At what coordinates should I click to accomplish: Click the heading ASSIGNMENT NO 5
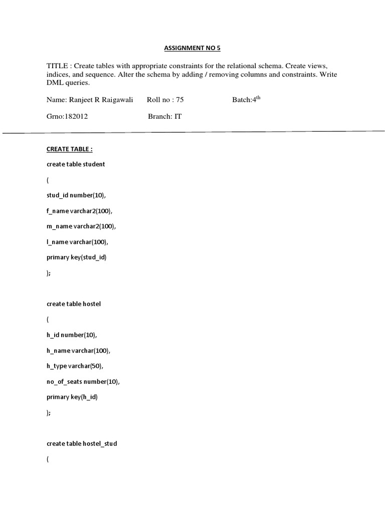[x=192, y=49]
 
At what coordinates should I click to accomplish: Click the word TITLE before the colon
[x=57, y=67]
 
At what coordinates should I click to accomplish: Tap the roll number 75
[x=179, y=100]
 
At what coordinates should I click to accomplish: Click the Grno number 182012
[x=76, y=116]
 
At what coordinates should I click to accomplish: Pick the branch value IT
[x=177, y=116]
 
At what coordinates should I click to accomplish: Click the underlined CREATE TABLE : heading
[x=70, y=149]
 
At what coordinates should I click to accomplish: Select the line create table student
[x=76, y=164]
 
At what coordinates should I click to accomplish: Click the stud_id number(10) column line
[x=76, y=195]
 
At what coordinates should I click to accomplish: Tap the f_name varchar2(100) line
[x=80, y=211]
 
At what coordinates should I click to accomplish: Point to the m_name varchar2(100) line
[x=81, y=226]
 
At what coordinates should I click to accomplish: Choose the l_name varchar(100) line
[x=78, y=242]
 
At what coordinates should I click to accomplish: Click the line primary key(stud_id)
[x=77, y=258]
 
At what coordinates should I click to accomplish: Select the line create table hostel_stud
[x=82, y=444]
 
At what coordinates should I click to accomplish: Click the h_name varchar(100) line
[x=79, y=351]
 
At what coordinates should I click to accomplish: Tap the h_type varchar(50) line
[x=75, y=366]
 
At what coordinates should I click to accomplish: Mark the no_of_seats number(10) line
[x=83, y=382]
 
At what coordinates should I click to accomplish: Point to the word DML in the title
[x=55, y=83]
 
